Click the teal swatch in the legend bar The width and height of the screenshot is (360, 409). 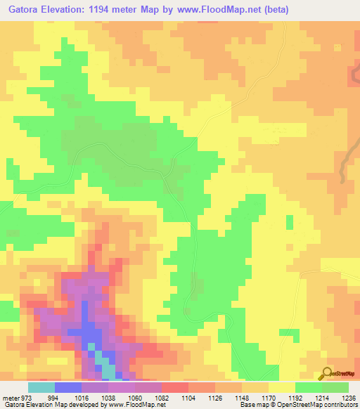(41, 387)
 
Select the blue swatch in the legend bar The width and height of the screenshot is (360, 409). (68, 387)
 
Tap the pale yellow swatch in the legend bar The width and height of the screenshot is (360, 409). (281, 387)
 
